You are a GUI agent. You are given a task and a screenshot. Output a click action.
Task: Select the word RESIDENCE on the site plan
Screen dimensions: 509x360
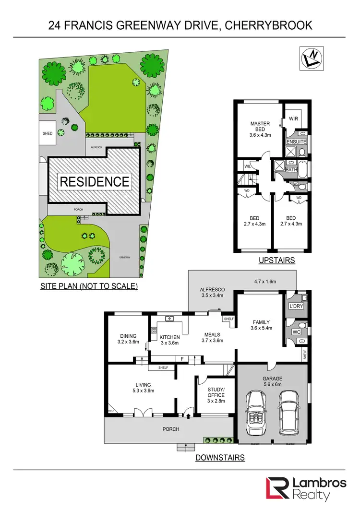(x=94, y=181)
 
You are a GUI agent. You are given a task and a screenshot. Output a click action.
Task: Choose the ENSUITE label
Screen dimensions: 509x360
(x=296, y=142)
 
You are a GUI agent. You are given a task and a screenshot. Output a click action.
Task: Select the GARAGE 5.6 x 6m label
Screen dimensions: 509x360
(x=272, y=382)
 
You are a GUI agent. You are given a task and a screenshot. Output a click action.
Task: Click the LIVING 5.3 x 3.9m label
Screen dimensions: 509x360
(x=143, y=388)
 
